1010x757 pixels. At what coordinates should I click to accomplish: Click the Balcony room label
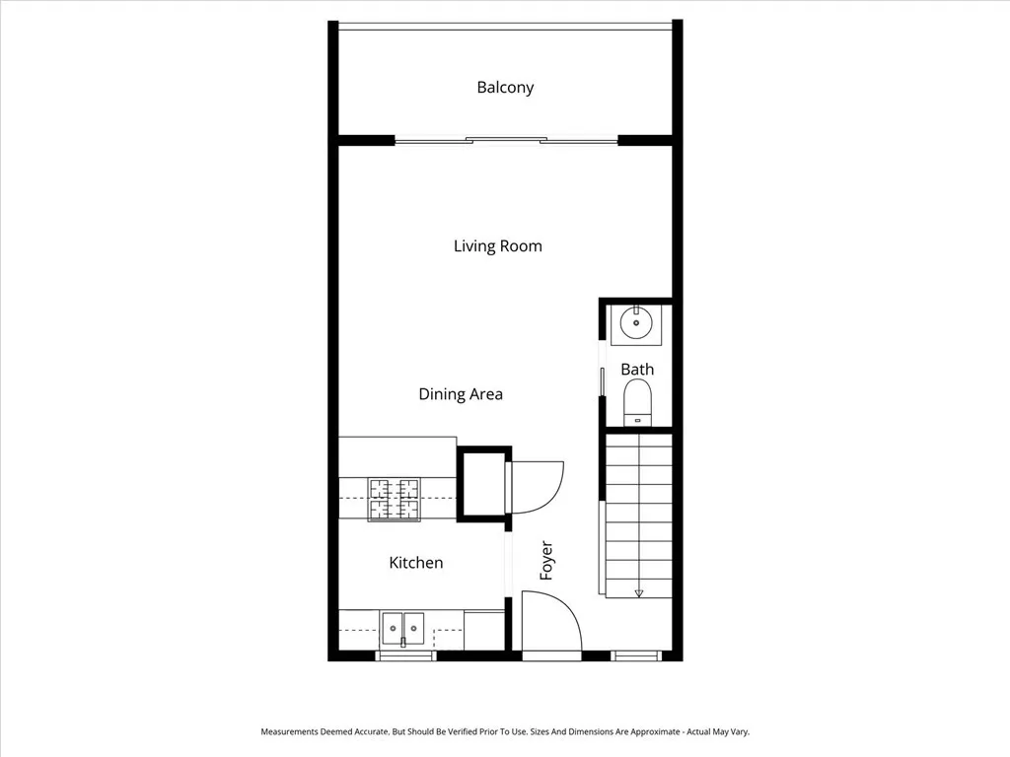pos(505,87)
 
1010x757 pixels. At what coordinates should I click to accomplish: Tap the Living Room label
pos(497,245)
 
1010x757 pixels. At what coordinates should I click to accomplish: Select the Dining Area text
pos(461,394)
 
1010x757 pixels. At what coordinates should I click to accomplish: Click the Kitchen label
pos(415,563)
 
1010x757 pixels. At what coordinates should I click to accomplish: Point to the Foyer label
pos(546,560)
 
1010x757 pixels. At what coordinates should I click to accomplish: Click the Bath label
pos(637,370)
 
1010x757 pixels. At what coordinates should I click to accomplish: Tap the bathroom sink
pos(637,322)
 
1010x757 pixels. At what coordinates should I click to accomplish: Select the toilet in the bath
pos(638,403)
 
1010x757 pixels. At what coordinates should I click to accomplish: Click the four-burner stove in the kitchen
pos(394,499)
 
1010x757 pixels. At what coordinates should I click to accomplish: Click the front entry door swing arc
pos(550,621)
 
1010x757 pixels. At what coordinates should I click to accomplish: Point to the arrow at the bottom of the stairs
pos(639,592)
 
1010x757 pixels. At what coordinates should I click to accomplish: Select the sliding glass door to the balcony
pos(506,140)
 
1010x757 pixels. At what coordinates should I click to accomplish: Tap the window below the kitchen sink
pos(405,655)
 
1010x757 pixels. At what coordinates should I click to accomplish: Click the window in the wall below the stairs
pos(636,655)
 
